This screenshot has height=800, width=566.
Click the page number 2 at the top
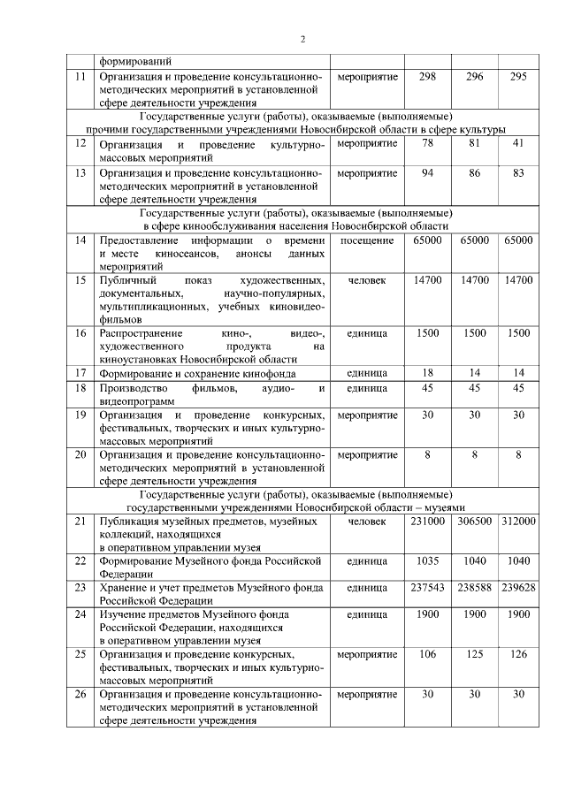[x=302, y=39]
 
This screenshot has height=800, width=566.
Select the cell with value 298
[x=427, y=77]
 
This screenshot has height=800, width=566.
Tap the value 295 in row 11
[x=518, y=77]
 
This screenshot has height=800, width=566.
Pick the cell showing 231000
[x=427, y=522]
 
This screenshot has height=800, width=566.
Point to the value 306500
[x=474, y=522]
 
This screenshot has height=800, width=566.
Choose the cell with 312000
[x=518, y=522]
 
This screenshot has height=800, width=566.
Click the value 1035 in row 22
[x=427, y=560]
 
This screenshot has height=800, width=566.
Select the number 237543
[x=427, y=587]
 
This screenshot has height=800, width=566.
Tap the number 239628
[x=518, y=587]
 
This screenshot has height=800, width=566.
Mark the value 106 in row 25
[x=427, y=653]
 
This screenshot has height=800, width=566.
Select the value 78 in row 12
[x=427, y=142]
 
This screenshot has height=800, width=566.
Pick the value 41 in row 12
[x=518, y=142]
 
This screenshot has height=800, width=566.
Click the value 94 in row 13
[x=427, y=172]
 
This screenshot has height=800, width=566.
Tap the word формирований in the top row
[x=135, y=62]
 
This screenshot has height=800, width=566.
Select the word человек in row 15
[x=367, y=279]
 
